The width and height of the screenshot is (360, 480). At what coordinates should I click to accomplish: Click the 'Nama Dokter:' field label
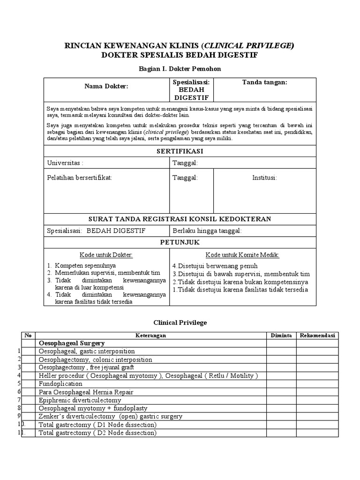pos(106,86)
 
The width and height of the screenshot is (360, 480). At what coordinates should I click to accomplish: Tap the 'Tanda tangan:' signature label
pos(264,82)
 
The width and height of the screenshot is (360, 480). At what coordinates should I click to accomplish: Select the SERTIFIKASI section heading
pos(180,151)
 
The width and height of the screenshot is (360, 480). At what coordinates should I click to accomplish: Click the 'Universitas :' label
pos(65,163)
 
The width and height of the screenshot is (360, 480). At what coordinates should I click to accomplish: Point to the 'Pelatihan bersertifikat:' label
pos(80,178)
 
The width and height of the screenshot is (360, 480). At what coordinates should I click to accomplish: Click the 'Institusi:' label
pos(264,178)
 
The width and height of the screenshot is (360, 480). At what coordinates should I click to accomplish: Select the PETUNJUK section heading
pos(180,242)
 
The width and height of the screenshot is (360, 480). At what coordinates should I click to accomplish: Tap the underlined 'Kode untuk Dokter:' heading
pos(106,255)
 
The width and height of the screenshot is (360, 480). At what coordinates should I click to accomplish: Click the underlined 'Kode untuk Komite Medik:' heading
pos(242,255)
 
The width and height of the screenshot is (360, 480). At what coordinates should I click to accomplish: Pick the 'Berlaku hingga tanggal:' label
pos(207,231)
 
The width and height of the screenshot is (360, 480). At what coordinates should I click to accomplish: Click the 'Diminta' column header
pos(281,335)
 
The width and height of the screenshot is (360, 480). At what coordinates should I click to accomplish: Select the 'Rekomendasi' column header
pos(317,335)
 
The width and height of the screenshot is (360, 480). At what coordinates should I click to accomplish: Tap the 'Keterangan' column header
pos(151,335)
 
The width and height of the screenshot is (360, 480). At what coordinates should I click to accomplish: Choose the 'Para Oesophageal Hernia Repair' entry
pos(86,392)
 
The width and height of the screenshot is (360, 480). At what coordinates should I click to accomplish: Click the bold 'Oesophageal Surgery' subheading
pos(71,343)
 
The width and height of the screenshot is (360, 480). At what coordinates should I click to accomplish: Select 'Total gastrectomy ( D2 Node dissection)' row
pos(97,433)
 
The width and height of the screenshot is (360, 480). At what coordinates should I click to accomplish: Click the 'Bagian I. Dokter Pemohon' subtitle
pos(180,69)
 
